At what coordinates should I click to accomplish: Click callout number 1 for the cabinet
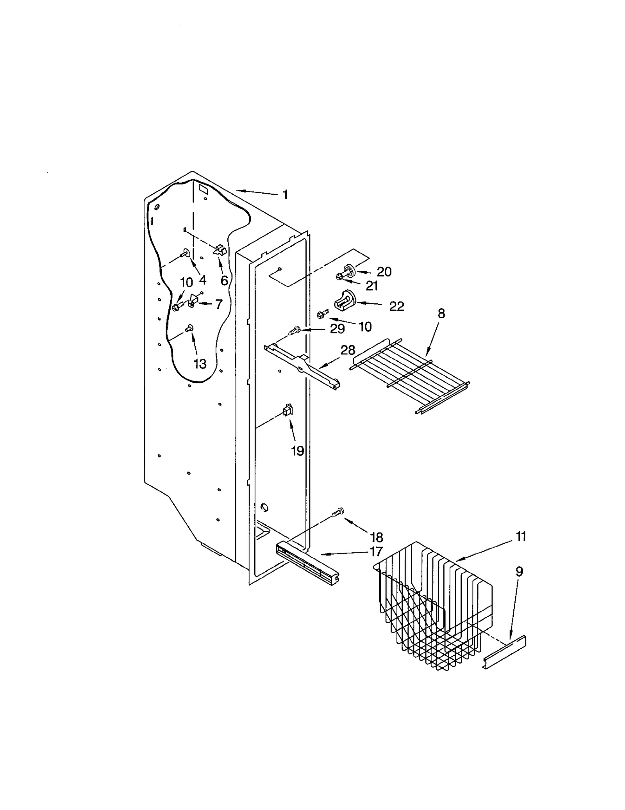point(285,194)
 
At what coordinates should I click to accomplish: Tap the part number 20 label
point(384,272)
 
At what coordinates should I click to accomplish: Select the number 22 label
point(396,306)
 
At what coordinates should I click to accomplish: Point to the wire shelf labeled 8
point(410,375)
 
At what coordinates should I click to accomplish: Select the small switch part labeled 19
point(287,411)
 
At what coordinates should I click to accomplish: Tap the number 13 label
point(200,364)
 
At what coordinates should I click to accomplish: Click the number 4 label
point(202,280)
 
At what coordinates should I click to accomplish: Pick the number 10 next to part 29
point(365,327)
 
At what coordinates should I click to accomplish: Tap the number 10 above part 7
point(186,282)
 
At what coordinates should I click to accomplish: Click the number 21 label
point(371,286)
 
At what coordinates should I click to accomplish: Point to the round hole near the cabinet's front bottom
point(264,507)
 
